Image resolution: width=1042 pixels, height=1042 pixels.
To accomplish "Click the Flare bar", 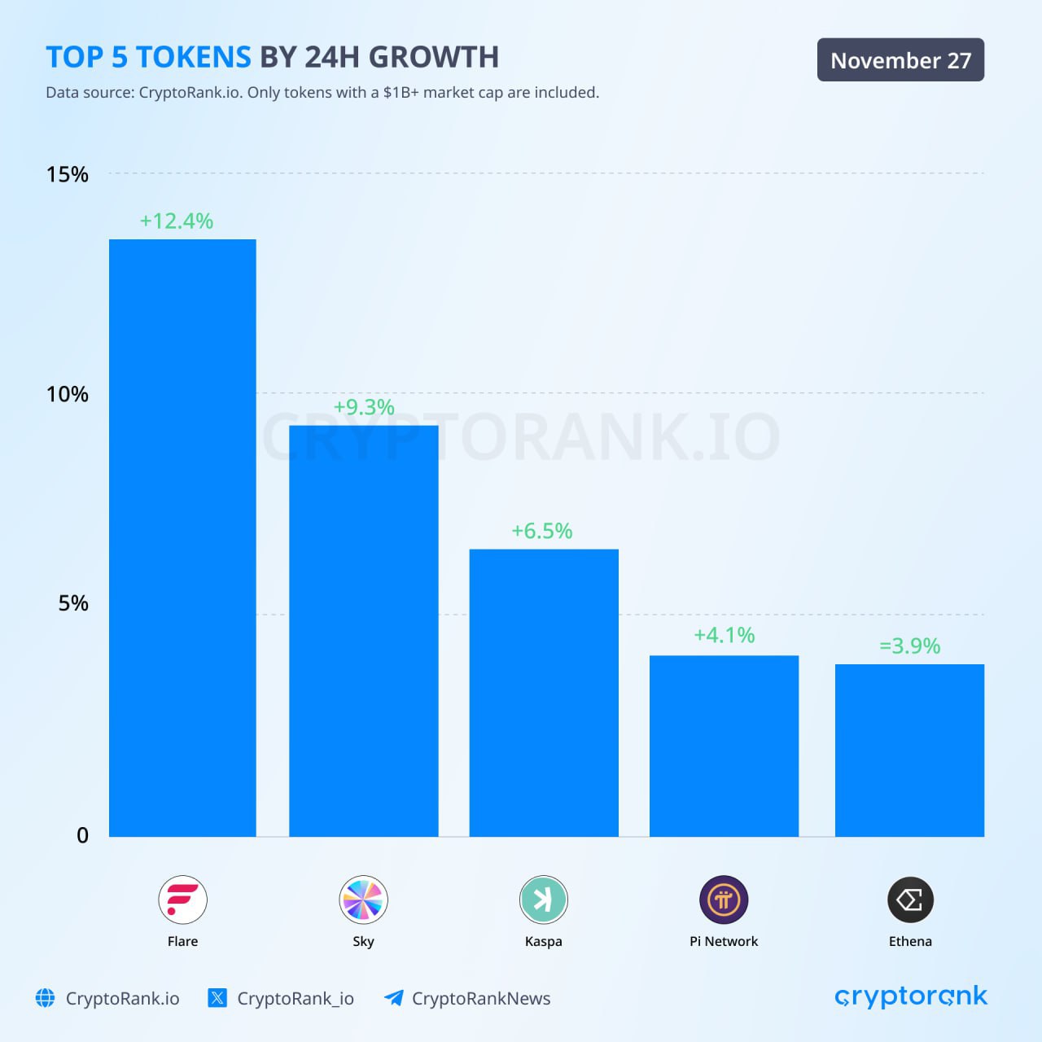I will tap(182, 537).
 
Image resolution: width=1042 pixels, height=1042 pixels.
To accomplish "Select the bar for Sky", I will tap(363, 631).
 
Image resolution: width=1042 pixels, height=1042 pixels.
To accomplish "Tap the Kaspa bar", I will tap(544, 692).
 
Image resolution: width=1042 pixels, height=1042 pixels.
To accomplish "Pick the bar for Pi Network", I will tap(724, 746).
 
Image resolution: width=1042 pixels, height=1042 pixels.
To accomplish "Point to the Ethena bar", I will tap(909, 750).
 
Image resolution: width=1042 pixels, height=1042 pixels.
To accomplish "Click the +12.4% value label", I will tap(176, 221).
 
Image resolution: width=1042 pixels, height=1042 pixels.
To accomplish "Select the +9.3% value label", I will tap(364, 407).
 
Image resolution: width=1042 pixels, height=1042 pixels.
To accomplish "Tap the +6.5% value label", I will tap(541, 531).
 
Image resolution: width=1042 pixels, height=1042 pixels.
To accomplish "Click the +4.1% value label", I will tap(724, 635).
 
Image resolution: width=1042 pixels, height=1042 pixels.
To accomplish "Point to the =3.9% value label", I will tap(909, 646).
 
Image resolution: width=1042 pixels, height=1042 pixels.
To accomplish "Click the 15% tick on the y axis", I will tap(67, 174).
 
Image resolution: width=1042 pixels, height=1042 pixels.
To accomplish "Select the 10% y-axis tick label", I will tap(67, 394).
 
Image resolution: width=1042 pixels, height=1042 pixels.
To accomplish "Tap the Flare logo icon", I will tap(182, 900).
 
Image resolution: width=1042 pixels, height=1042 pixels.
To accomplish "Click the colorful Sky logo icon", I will tap(363, 900).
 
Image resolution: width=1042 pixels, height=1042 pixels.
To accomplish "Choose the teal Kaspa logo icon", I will tap(543, 900).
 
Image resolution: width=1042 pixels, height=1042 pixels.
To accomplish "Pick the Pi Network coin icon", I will tap(724, 900).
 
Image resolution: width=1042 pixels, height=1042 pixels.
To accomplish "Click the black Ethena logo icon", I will tap(910, 900).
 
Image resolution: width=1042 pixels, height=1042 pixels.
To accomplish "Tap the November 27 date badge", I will tap(900, 60).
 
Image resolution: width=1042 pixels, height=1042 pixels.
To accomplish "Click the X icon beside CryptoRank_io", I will tap(217, 998).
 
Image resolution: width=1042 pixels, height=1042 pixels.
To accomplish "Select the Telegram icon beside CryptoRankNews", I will tap(394, 998).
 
